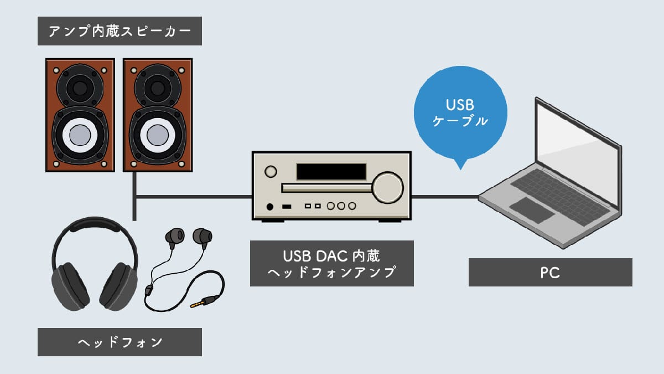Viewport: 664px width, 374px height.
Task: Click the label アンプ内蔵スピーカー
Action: pyautogui.click(x=120, y=32)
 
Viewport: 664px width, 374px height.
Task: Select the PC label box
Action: pyautogui.click(x=550, y=272)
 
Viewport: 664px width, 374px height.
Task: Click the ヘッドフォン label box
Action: pyautogui.click(x=120, y=342)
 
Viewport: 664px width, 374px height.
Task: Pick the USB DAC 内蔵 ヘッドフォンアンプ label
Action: pyautogui.click(x=331, y=263)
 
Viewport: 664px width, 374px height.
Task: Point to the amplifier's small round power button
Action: pyautogui.click(x=271, y=172)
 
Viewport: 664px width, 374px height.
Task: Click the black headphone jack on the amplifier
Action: pyautogui.click(x=270, y=207)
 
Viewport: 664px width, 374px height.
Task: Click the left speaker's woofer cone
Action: pyautogui.click(x=79, y=134)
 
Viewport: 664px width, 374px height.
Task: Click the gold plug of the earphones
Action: pyautogui.click(x=198, y=304)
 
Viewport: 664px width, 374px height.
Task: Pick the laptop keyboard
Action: pyautogui.click(x=559, y=191)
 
